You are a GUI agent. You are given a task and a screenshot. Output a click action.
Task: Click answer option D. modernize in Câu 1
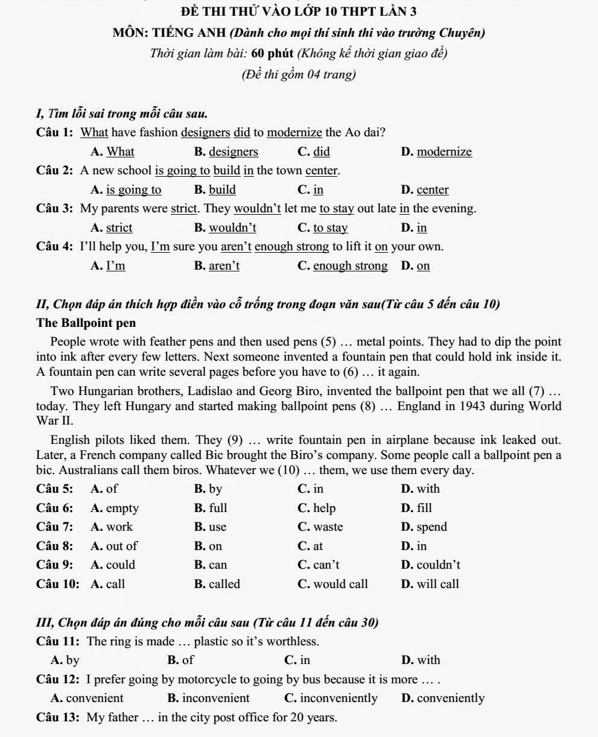[436, 151]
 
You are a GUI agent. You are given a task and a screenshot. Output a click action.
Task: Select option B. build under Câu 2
[215, 190]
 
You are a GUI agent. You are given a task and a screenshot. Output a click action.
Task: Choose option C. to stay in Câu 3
[323, 228]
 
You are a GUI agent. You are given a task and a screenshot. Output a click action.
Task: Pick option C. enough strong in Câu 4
[343, 266]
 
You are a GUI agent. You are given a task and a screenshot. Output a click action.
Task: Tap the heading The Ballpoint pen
[86, 323]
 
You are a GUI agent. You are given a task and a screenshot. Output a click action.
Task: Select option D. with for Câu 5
[421, 489]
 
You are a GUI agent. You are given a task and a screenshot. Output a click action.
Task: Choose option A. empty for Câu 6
[115, 508]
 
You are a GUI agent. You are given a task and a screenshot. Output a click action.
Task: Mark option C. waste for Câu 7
[320, 527]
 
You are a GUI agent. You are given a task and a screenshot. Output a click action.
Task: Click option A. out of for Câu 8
[114, 546]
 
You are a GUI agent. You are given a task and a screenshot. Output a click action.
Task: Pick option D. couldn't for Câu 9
[430, 565]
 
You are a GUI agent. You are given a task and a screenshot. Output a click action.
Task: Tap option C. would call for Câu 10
[332, 584]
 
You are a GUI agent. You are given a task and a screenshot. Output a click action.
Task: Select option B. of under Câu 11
[181, 660]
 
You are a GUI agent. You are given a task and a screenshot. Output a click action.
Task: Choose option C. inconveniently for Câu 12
[331, 698]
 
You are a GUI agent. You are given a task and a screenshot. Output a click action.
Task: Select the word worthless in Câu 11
[293, 641]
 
